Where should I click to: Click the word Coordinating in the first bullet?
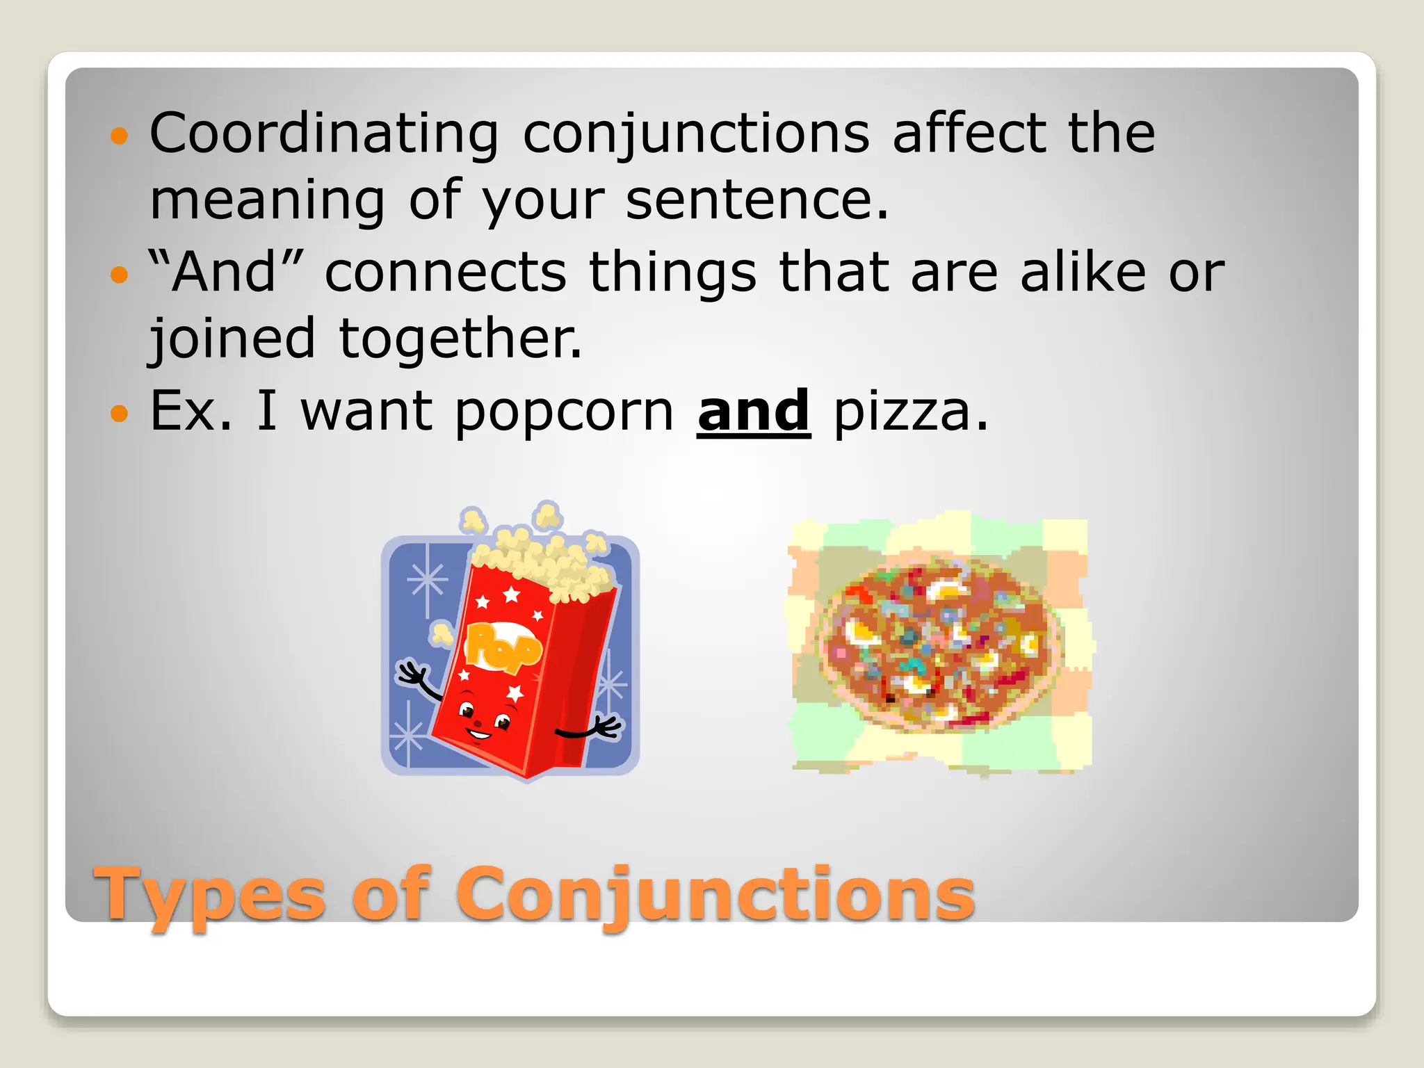click(324, 133)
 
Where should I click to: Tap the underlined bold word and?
click(754, 412)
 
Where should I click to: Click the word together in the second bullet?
click(460, 339)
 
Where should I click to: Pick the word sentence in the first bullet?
click(756, 200)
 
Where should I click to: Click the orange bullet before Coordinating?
click(120, 136)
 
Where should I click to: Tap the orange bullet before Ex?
click(120, 414)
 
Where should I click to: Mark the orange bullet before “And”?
click(120, 275)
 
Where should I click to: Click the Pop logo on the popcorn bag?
click(502, 647)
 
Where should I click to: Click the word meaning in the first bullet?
click(267, 200)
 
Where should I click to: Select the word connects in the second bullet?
click(446, 273)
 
